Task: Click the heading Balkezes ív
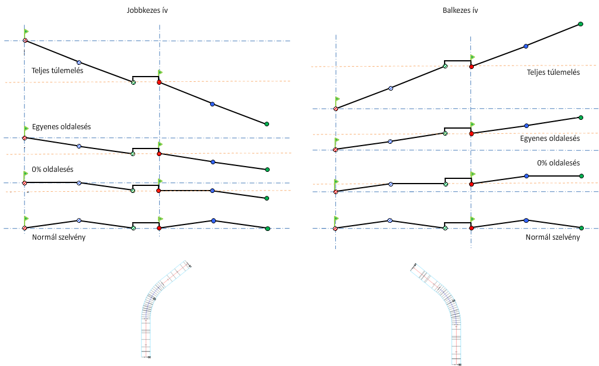coord(461,11)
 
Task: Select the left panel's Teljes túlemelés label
coord(57,71)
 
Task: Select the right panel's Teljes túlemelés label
coord(553,72)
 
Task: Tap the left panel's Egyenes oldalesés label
coord(61,126)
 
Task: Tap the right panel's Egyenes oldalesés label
coord(550,139)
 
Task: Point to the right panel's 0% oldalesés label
coord(558,164)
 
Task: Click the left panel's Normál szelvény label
coord(58,237)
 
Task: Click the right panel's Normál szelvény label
coord(553,237)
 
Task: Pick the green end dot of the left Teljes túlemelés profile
coord(267,124)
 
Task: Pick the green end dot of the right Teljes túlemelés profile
coord(580,24)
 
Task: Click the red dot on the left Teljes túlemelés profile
coord(159,82)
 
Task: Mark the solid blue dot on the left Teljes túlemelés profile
coord(212,104)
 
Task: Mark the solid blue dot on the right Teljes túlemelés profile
coord(526,46)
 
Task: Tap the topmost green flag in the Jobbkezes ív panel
coord(26,31)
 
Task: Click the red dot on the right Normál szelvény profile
coord(471,228)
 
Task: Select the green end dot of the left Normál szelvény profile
coord(267,228)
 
